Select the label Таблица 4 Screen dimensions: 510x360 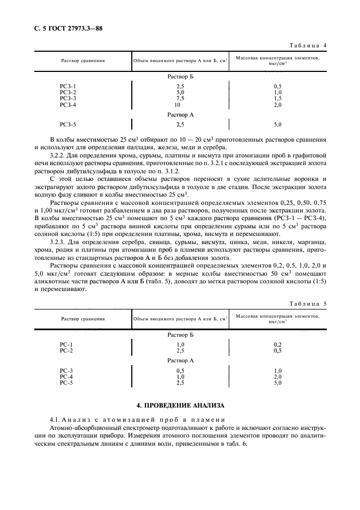[x=308, y=46]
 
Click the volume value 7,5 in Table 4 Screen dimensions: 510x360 [x=180, y=98]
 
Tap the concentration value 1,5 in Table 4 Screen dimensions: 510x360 [x=277, y=98]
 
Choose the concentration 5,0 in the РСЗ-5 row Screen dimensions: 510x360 [x=277, y=125]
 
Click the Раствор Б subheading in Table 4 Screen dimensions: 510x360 [x=180, y=77]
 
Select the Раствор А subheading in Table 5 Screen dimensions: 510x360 [x=180, y=361]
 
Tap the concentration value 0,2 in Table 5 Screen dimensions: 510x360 [x=277, y=344]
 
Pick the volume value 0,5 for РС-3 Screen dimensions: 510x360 [x=180, y=371]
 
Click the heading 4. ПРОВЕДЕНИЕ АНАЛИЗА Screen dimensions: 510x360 [x=180, y=405]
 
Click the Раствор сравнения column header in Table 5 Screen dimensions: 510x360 [x=83, y=318]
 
